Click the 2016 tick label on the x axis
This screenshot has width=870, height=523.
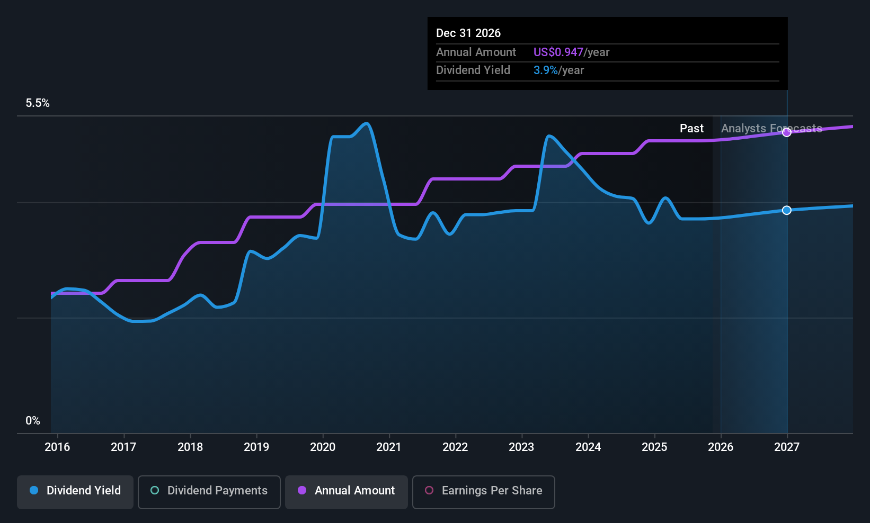click(57, 447)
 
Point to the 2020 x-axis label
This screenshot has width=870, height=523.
click(323, 447)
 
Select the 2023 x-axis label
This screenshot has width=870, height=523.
click(521, 447)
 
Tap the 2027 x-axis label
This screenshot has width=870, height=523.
click(787, 447)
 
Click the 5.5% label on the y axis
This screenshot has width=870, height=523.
click(38, 103)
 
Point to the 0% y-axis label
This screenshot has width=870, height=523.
click(33, 421)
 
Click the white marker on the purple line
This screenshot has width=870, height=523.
click(787, 132)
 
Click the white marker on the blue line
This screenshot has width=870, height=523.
click(787, 210)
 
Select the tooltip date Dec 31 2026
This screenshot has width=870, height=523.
click(468, 33)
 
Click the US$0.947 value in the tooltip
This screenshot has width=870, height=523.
click(558, 52)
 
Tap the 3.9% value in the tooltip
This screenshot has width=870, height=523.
click(545, 70)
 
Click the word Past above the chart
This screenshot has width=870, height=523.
click(691, 129)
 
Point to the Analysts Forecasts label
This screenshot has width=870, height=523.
click(771, 129)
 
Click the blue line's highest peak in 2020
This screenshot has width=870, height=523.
click(367, 124)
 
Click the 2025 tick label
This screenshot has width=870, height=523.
click(654, 447)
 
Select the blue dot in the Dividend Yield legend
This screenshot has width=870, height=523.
click(34, 490)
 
